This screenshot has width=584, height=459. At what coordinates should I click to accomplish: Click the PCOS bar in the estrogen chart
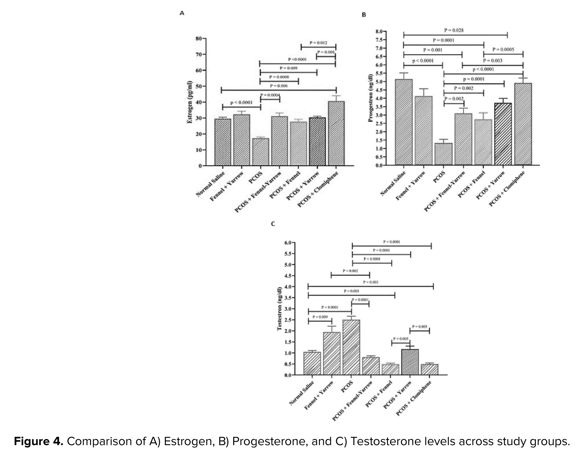pyautogui.click(x=260, y=152)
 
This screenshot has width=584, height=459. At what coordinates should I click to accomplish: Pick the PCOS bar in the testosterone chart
pyautogui.click(x=351, y=347)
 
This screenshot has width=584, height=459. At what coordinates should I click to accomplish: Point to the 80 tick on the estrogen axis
pyautogui.click(x=199, y=38)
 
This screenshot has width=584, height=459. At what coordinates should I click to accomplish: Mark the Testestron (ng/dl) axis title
pyautogui.click(x=279, y=308)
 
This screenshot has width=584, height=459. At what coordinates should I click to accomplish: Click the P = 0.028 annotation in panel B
pyautogui.click(x=454, y=30)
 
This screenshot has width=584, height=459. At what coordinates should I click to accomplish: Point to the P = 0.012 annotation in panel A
pyautogui.click(x=318, y=43)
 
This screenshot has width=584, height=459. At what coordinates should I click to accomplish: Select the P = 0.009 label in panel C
pyautogui.click(x=320, y=317)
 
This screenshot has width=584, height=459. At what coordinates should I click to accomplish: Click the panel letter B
pyautogui.click(x=364, y=15)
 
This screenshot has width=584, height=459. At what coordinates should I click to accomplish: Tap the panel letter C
pyautogui.click(x=273, y=224)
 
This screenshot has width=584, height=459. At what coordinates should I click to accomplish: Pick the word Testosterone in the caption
pyautogui.click(x=385, y=441)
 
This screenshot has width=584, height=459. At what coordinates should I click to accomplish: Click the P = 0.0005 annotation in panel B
pyautogui.click(x=503, y=50)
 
